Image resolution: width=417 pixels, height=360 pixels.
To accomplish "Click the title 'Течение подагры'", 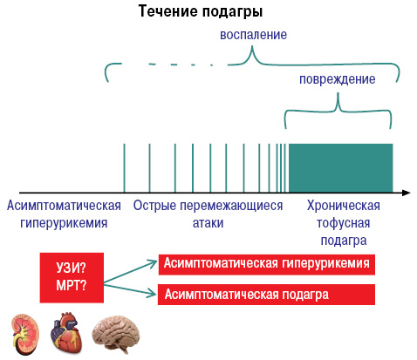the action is click(201, 11).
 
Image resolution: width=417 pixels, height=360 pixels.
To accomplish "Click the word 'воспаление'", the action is click(253, 35).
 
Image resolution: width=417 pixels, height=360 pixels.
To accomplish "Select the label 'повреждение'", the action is click(338, 79).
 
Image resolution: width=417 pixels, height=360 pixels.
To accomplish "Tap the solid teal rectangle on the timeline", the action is click(340, 167).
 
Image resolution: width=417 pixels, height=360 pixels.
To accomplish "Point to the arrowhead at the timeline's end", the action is click(407, 193).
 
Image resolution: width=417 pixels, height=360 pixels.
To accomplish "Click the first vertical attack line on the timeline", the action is click(124, 168).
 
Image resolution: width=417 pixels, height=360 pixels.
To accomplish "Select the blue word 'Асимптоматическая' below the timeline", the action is click(64, 206).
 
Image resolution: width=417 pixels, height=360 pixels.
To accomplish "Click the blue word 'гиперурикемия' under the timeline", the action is click(64, 223).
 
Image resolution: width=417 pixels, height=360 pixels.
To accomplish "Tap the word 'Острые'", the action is click(154, 206).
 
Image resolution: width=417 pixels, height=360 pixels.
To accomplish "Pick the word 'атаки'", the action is click(208, 223).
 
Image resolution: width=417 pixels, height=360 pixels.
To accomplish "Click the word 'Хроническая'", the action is click(344, 206).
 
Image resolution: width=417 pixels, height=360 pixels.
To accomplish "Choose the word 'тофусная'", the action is click(343, 223).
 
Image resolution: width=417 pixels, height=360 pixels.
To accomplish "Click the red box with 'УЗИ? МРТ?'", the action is click(72, 278).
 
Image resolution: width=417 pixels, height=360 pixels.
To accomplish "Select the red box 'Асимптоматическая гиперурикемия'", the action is click(267, 264).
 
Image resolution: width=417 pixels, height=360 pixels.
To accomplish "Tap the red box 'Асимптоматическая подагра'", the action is click(266, 295).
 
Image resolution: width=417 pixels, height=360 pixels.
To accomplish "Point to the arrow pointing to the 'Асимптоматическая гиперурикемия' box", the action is click(130, 271).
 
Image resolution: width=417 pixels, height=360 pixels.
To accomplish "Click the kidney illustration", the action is click(25, 334).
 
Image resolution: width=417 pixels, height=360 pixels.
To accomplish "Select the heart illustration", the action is click(66, 333).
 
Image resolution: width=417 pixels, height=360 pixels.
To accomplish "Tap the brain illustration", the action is click(116, 334).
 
